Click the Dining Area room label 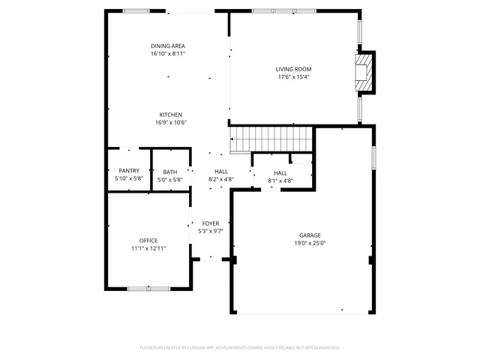[168, 46]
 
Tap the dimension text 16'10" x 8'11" [168, 54]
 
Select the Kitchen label [170, 115]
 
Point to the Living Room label [294, 69]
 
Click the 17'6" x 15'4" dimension [294, 76]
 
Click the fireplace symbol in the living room [364, 72]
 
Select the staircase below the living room [270, 139]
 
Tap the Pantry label [129, 171]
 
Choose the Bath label [170, 172]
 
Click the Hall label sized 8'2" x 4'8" [221, 172]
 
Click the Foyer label [210, 223]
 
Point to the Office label [148, 240]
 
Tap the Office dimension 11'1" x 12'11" [148, 248]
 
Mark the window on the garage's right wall [373, 158]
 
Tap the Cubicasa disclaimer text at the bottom [240, 347]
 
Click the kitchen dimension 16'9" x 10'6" [170, 123]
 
